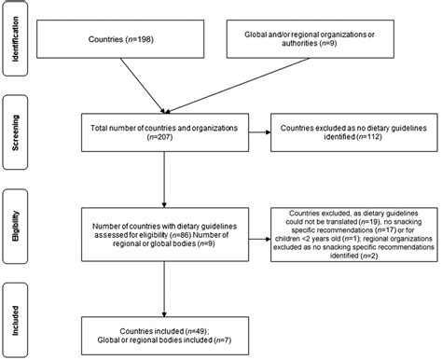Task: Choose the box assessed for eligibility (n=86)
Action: pos(165,230)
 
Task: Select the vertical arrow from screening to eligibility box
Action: pos(165,180)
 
